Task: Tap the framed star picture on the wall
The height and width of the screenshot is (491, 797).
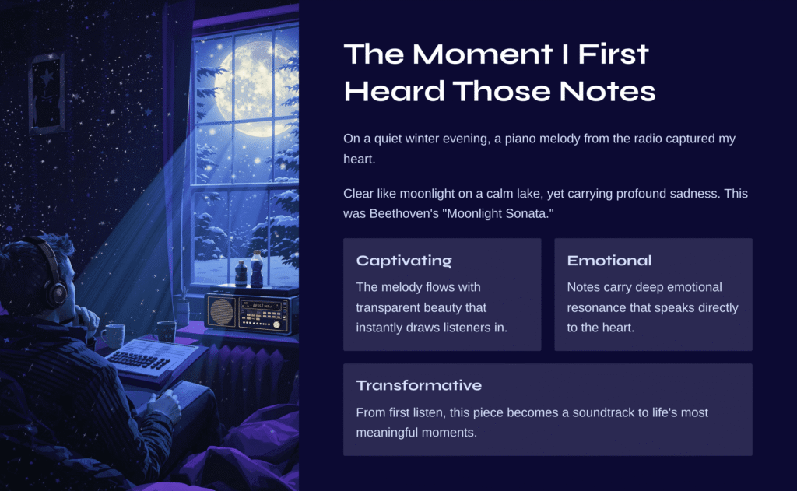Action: (x=47, y=93)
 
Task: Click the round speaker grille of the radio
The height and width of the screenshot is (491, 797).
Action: (x=222, y=311)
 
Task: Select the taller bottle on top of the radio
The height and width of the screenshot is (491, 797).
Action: (x=257, y=269)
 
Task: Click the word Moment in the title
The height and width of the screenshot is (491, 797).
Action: (x=483, y=54)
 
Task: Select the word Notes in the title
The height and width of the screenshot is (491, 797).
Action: (x=607, y=92)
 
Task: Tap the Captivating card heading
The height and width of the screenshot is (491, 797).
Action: (x=404, y=261)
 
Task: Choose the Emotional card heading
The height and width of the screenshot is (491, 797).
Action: (x=609, y=261)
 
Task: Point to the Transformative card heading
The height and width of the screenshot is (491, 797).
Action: (x=419, y=385)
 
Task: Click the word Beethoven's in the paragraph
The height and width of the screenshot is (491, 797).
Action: (x=405, y=213)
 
